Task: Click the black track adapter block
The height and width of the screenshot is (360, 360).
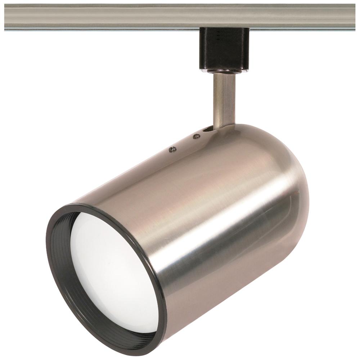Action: (x=224, y=49)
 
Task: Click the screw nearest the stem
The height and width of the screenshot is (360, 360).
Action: (x=197, y=136)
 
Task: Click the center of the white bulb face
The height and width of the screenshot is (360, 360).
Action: (x=112, y=274)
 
